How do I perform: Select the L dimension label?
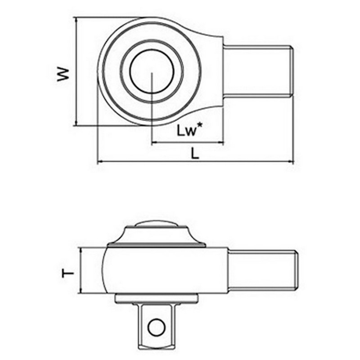coord(194,153)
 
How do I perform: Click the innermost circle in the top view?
coord(152,72)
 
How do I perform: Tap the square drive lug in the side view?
coord(156,326)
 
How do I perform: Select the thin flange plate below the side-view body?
coord(156,298)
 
